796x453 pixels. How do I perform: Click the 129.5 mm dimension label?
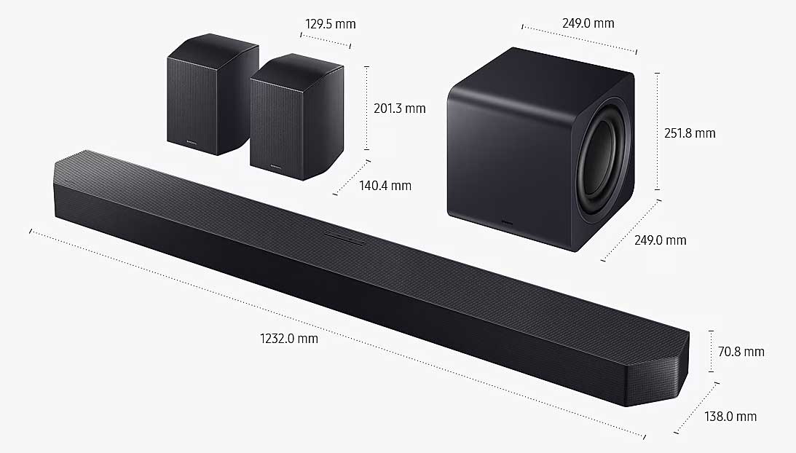point(331,24)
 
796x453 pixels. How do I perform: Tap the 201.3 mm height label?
point(400,109)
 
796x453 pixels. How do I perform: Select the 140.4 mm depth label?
point(385,186)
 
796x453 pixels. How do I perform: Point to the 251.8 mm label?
point(690,133)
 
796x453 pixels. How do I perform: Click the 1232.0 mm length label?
point(289,338)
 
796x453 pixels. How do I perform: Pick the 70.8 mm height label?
point(741,352)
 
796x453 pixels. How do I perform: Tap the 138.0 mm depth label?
point(730,417)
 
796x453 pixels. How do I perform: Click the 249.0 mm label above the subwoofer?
point(588,23)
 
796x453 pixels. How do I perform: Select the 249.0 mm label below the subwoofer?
point(660,240)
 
